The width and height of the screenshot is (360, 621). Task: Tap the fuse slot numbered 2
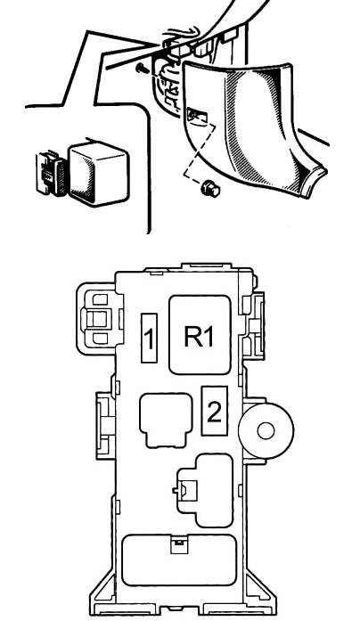(x=213, y=411)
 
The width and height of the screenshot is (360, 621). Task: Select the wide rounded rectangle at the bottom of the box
(x=179, y=560)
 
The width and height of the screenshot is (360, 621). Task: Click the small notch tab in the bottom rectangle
(x=178, y=542)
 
